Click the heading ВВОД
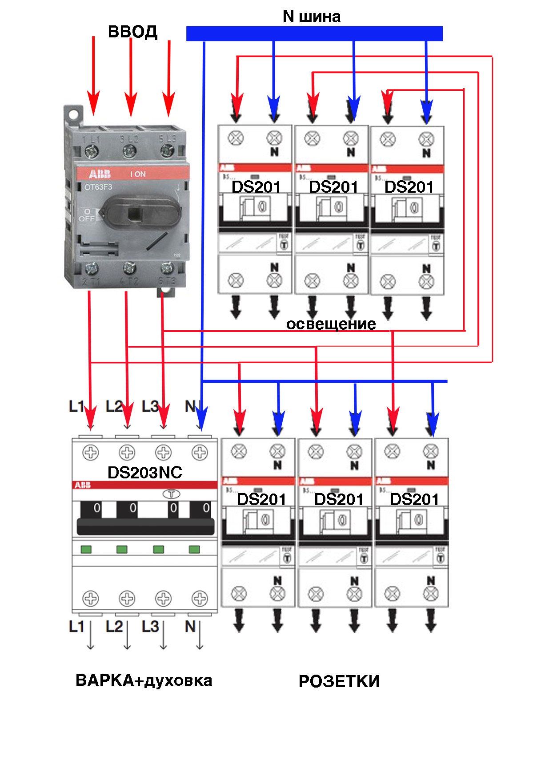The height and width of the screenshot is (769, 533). point(132,32)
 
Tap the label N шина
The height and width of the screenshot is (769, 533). point(312,16)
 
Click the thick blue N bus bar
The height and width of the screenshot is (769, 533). point(314,34)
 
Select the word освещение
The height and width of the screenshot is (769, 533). point(331,324)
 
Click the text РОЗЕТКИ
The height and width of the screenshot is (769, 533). point(339,681)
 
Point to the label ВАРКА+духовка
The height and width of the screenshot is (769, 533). point(144,680)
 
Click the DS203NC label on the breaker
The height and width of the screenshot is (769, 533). point(145,472)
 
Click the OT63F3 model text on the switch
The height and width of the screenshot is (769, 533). point(98,187)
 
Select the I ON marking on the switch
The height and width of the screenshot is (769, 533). point(138,174)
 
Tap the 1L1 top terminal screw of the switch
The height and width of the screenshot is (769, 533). point(92,152)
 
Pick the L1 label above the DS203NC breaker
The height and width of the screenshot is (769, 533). point(76,406)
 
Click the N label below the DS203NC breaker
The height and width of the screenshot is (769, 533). point(190,627)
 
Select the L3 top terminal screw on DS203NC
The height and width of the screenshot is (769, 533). point(163,453)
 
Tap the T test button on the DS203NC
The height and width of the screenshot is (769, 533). point(171,494)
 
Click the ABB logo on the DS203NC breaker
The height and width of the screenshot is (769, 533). point(83,485)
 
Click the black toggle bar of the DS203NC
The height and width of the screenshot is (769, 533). point(145,526)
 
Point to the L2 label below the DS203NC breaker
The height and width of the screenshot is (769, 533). point(114,627)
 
